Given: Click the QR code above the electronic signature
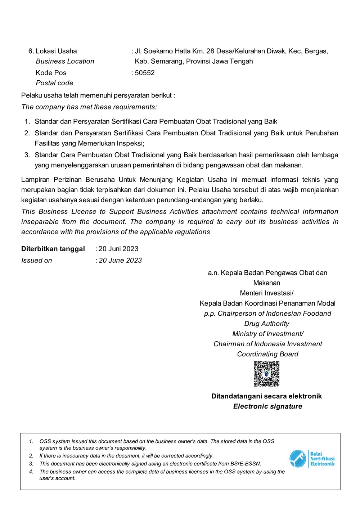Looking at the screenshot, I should (267, 374).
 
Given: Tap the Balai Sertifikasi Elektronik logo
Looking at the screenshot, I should (312, 459).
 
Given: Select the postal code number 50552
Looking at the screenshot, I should (145, 73).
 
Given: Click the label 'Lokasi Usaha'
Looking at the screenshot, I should (56, 51).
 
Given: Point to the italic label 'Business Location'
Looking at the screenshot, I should (65, 62).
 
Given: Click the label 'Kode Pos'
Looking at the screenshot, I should (51, 73).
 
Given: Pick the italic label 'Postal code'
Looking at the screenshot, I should (54, 83).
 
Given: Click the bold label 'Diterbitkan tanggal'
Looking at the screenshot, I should (53, 249).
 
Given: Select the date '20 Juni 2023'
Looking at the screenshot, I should (118, 249).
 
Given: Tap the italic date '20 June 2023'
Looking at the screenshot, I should (120, 261).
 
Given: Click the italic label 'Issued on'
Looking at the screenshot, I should (36, 261).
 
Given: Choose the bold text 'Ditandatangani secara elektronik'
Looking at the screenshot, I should (266, 396).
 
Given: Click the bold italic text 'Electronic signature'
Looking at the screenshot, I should (267, 406).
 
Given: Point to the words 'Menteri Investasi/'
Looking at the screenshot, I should (267, 293).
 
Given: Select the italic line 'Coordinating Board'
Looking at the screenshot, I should (267, 354).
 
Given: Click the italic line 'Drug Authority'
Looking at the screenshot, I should (267, 324).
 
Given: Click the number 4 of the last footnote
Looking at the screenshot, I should (31, 472).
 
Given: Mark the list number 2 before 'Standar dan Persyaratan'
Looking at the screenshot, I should (27, 133).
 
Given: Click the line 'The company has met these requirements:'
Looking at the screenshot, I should (89, 107).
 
